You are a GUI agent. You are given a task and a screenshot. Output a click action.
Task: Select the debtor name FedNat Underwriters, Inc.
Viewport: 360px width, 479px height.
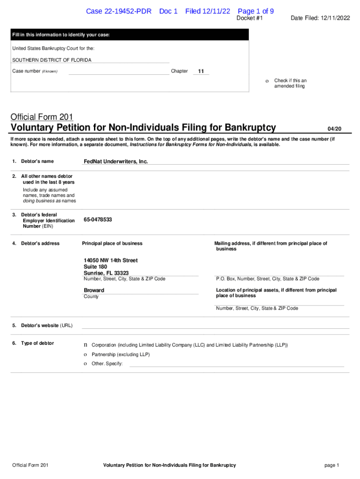point(115,161)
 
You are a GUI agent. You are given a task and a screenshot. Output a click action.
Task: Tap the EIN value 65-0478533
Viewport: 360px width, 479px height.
point(98,219)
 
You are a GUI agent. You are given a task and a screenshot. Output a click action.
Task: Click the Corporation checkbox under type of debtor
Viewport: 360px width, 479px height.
point(86,345)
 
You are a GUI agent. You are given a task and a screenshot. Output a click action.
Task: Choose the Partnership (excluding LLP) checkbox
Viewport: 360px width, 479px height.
point(86,355)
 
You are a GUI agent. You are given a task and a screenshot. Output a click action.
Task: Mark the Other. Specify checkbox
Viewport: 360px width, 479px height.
point(86,364)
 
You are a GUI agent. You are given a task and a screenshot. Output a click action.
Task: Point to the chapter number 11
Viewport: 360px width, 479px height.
point(201,72)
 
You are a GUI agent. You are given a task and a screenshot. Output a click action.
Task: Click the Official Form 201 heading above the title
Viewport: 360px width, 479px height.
point(42,117)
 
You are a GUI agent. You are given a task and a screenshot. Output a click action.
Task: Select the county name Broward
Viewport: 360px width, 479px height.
point(94,290)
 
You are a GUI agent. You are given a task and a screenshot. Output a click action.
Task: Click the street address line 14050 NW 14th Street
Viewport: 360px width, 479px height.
point(111,260)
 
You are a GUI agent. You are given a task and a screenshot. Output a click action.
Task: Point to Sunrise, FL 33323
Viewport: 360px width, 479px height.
point(106,273)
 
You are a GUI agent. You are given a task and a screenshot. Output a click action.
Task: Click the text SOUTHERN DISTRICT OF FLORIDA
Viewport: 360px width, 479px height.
point(52,60)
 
